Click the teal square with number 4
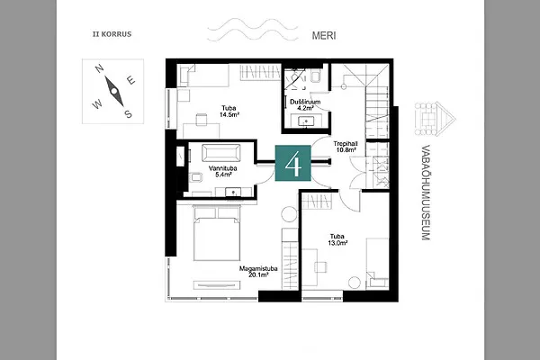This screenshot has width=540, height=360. pos(292,163)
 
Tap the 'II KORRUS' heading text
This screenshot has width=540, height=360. pos(112,34)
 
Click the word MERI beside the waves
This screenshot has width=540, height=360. pos(324,35)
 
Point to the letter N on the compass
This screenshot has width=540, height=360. pos(100,69)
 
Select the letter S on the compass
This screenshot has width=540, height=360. pos(128,113)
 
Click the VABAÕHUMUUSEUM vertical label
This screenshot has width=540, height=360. pos(426,193)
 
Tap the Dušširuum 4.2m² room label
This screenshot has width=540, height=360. pos(305,104)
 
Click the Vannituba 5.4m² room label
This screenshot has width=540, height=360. pos(223,171)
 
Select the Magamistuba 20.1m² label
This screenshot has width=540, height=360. pos(258,272)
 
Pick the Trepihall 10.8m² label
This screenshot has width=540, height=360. pos(346,147)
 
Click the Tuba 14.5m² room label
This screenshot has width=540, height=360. pos(229,112)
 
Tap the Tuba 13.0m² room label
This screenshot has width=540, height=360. pos(337,239)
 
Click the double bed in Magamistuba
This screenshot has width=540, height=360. pos(217,233)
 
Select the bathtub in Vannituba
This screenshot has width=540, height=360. pos(221,153)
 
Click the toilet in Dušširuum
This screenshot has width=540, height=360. pos(316,76)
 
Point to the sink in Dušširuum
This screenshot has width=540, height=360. pos(306,121)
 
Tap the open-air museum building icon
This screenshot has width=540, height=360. pos(435,119)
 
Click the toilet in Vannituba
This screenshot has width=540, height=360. pos(196,177)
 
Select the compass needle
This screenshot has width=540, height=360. pos(114,91)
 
